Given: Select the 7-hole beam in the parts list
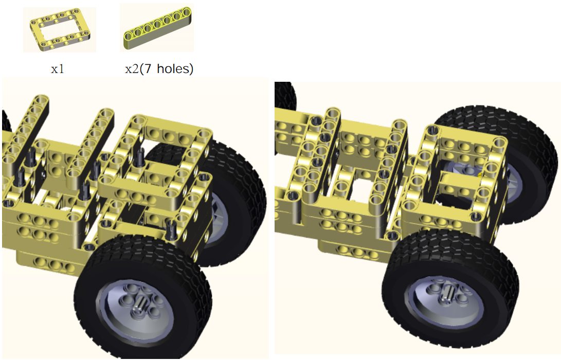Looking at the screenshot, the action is [x=157, y=28].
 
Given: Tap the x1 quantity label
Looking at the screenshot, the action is [x=58, y=69].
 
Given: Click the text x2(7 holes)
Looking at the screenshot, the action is [x=159, y=68].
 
